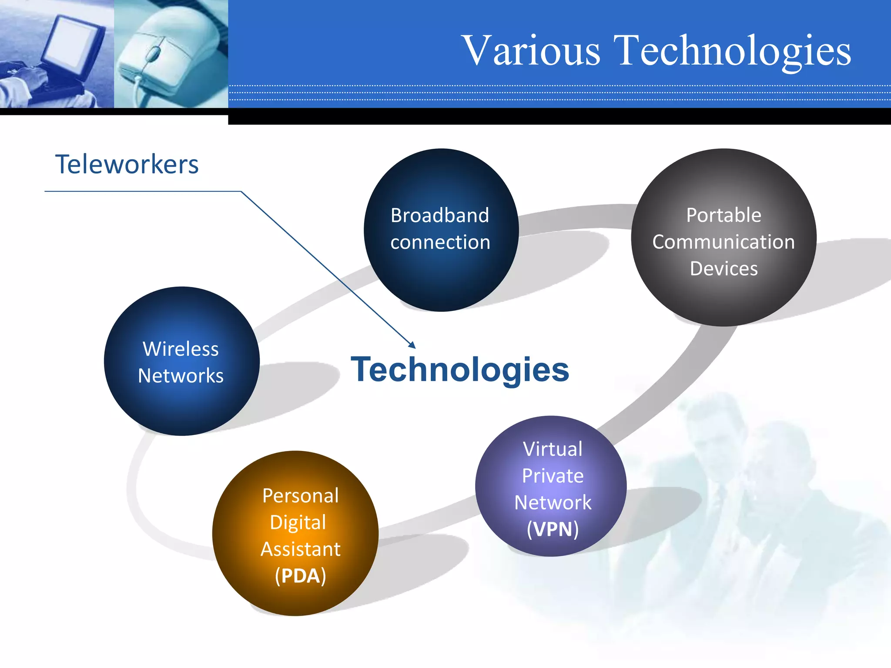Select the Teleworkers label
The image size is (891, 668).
pyautogui.click(x=127, y=164)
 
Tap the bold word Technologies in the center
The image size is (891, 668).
pyautogui.click(x=459, y=370)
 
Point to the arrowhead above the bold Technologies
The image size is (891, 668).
pyautogui.click(x=412, y=345)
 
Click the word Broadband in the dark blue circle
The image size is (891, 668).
pyautogui.click(x=439, y=215)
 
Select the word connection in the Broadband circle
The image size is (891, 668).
pyautogui.click(x=440, y=242)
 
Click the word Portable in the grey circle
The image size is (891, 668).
pyautogui.click(x=724, y=215)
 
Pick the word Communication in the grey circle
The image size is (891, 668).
pyautogui.click(x=723, y=242)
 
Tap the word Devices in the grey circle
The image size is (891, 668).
pyautogui.click(x=724, y=269)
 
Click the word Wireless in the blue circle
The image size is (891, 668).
pyautogui.click(x=181, y=349)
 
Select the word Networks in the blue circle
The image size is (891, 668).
pyautogui.click(x=181, y=376)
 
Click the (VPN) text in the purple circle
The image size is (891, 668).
pyautogui.click(x=553, y=529)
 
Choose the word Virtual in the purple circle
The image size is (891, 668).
pyautogui.click(x=553, y=449)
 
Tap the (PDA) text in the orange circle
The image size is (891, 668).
pyautogui.click(x=300, y=576)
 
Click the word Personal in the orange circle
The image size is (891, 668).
pyautogui.click(x=300, y=496)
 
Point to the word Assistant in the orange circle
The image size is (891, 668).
pyautogui.click(x=300, y=549)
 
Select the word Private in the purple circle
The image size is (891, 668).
pyautogui.click(x=553, y=476)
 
